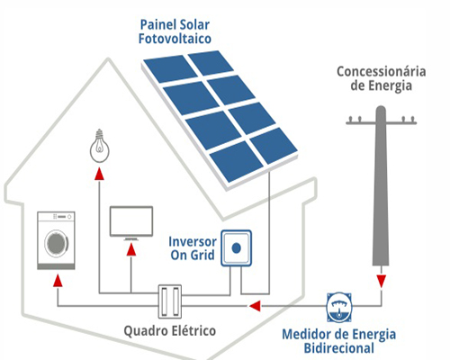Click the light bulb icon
click(100, 146)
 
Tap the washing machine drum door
click(56, 243)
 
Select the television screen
click(131, 221)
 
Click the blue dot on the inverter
click(237, 248)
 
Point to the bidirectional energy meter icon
click(339, 307)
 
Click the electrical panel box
click(170, 301)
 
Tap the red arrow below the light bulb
click(99, 174)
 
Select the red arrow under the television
click(131, 250)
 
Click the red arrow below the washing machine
click(58, 281)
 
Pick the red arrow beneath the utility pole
click(382, 282)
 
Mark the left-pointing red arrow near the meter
click(255, 306)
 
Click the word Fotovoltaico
click(175, 39)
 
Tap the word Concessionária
click(382, 72)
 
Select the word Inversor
click(193, 241)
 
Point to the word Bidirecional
click(339, 348)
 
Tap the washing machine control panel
click(56, 217)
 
